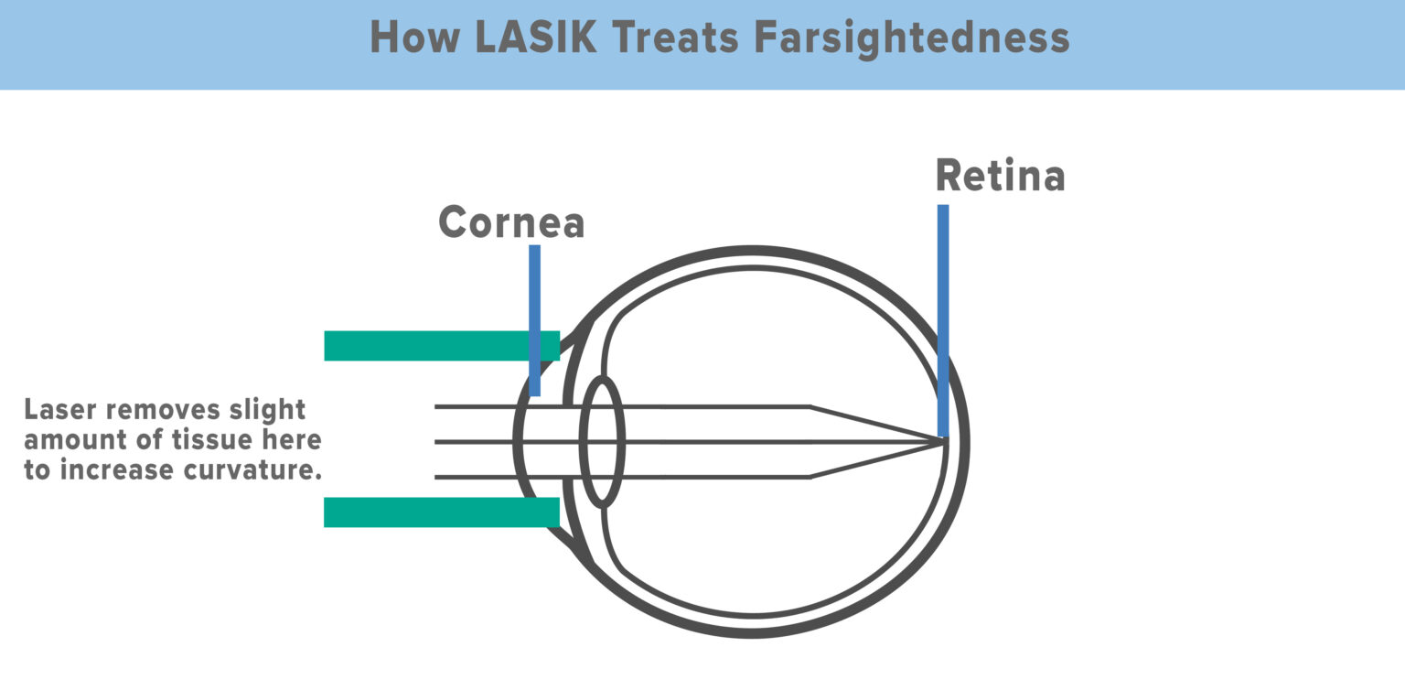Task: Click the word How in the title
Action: tap(409, 38)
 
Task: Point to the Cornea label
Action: tap(511, 222)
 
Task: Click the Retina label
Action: tap(1000, 176)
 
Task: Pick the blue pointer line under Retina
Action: tap(943, 320)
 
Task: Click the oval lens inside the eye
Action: tap(602, 441)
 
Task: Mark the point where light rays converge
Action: tap(944, 442)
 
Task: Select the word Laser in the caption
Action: tap(60, 409)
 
